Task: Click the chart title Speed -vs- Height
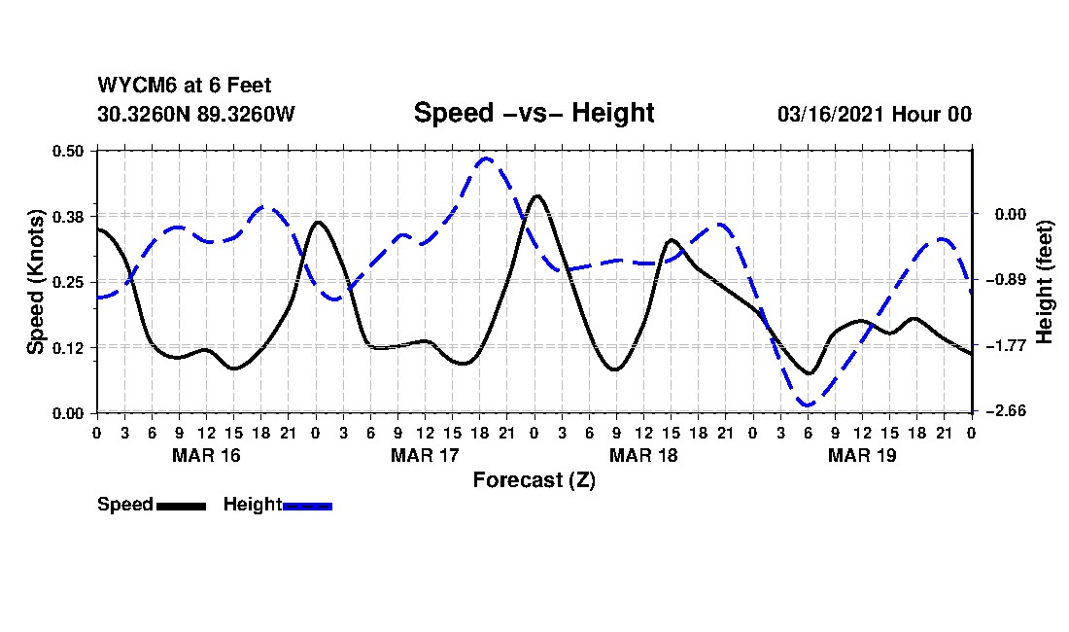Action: point(534,113)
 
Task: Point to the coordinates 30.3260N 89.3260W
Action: point(196,115)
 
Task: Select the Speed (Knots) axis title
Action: point(36,282)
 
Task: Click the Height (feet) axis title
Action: point(1046,282)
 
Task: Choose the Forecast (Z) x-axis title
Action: point(534,480)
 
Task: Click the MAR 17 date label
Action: point(424,455)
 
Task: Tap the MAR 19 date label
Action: point(861,455)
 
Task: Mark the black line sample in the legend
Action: point(181,506)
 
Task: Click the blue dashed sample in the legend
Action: point(307,506)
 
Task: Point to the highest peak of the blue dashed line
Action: point(486,158)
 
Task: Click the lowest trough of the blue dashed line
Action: point(806,404)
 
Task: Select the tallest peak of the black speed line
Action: point(537,195)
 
